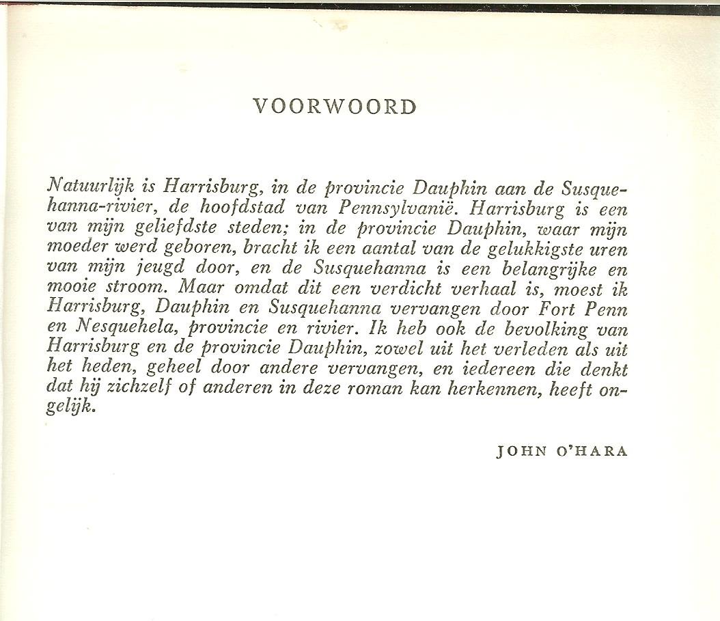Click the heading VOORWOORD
click(334, 107)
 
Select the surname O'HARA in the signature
click(592, 452)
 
